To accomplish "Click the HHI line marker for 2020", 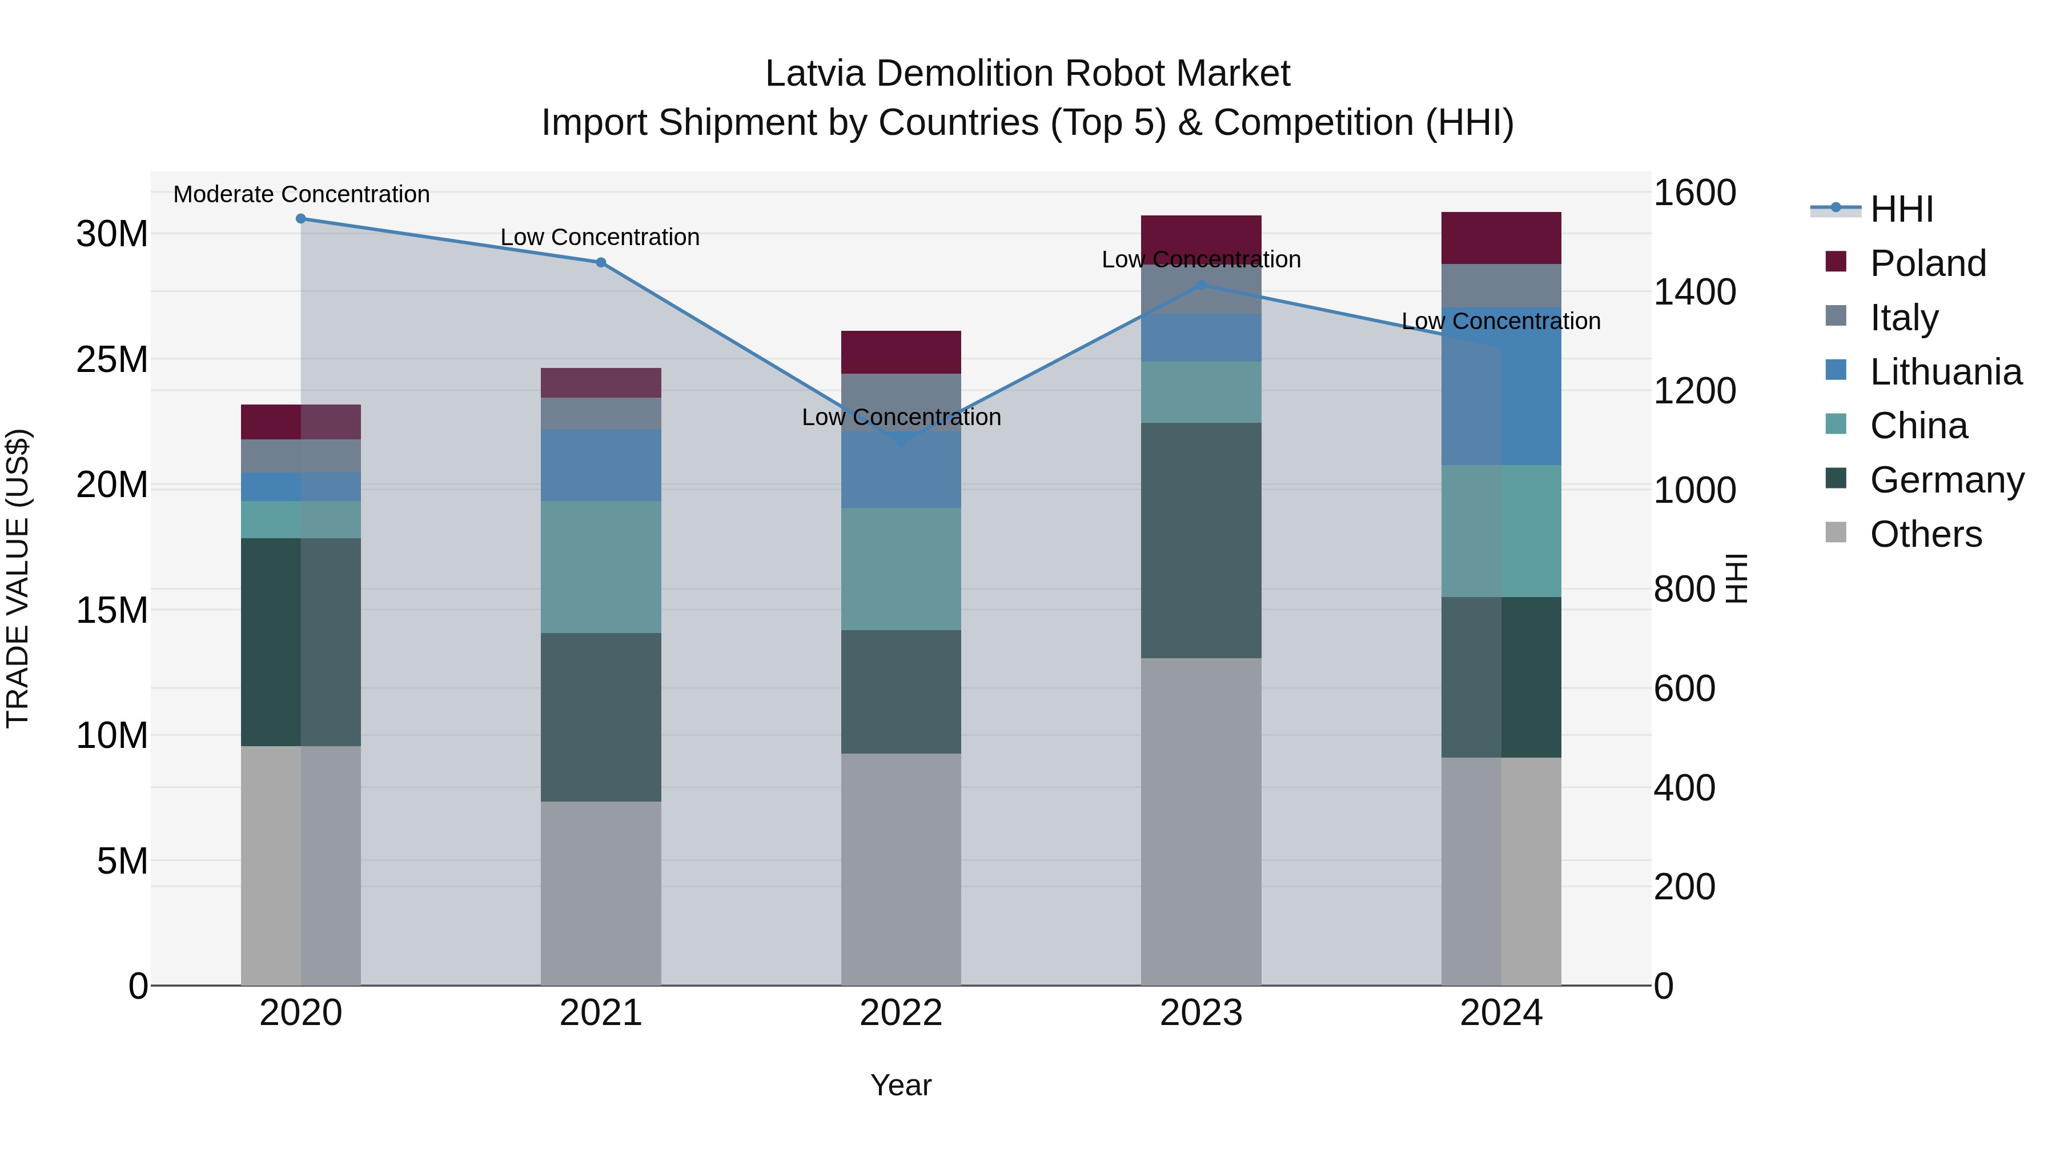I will (x=301, y=219).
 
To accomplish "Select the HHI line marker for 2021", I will (x=601, y=263).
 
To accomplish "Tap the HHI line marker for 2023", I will (x=1201, y=285).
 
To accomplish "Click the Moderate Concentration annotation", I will (x=301, y=194).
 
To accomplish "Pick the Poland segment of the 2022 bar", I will (x=901, y=352).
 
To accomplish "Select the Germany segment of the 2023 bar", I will (x=1201, y=540).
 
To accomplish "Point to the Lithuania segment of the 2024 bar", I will (x=1501, y=386).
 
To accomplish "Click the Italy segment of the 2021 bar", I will (x=601, y=413).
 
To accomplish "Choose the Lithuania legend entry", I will (x=1945, y=372).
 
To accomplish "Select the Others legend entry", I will (x=1925, y=534).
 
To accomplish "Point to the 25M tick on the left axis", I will (x=112, y=359).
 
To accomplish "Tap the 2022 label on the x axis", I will (x=901, y=1013).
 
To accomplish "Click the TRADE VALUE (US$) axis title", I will (x=18, y=578).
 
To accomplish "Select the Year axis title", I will (x=901, y=1085).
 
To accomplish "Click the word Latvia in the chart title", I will (x=814, y=74).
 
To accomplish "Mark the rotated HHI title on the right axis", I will (x=1737, y=578).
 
